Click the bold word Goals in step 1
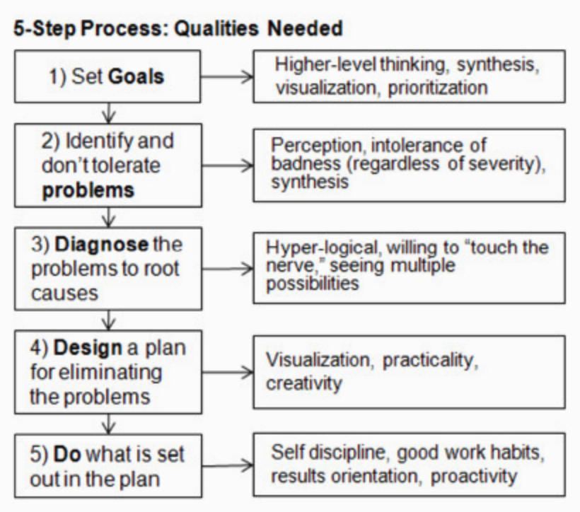(136, 76)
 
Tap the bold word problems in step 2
(88, 190)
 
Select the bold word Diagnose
(102, 245)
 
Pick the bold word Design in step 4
(88, 348)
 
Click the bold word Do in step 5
(67, 454)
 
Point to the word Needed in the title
(305, 28)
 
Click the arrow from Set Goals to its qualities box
(227, 77)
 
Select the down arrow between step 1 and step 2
(108, 113)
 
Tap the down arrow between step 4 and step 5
(108, 424)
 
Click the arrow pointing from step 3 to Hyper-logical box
(228, 269)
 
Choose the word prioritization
(438, 88)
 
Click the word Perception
(317, 146)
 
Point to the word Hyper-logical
(322, 248)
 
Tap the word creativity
(304, 383)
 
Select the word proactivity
(474, 477)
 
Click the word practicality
(430, 360)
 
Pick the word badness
(306, 163)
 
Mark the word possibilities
(313, 284)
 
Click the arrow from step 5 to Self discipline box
(228, 465)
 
